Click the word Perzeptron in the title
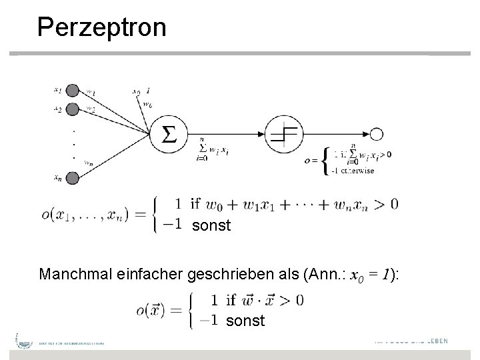point(102,27)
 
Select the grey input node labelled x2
point(73,110)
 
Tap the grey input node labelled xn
point(73,177)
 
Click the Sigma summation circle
point(169,135)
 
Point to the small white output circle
point(377,135)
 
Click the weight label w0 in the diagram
point(147,105)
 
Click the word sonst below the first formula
point(211,225)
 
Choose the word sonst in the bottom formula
point(245,321)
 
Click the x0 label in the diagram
point(135,91)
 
